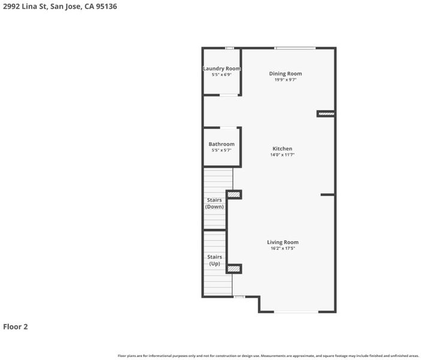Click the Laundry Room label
click(x=221, y=68)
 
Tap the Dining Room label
click(x=285, y=74)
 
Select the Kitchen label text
click(x=282, y=149)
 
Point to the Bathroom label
click(x=221, y=144)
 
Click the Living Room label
click(x=282, y=242)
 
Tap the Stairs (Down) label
click(x=214, y=203)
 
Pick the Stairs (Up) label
click(x=215, y=260)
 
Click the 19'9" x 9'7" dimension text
click(x=285, y=80)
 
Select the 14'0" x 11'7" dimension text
click(x=282, y=155)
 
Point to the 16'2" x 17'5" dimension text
click(x=282, y=248)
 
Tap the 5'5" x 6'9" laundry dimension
click(x=221, y=74)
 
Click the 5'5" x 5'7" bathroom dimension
click(x=221, y=150)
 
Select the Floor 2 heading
click(x=16, y=326)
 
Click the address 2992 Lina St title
click(x=60, y=7)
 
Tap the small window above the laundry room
click(x=229, y=48)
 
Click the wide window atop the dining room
click(x=295, y=48)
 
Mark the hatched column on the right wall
click(x=326, y=114)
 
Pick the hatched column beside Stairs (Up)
click(x=234, y=269)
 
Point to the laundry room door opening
click(x=228, y=95)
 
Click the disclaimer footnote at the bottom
click(x=268, y=356)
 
